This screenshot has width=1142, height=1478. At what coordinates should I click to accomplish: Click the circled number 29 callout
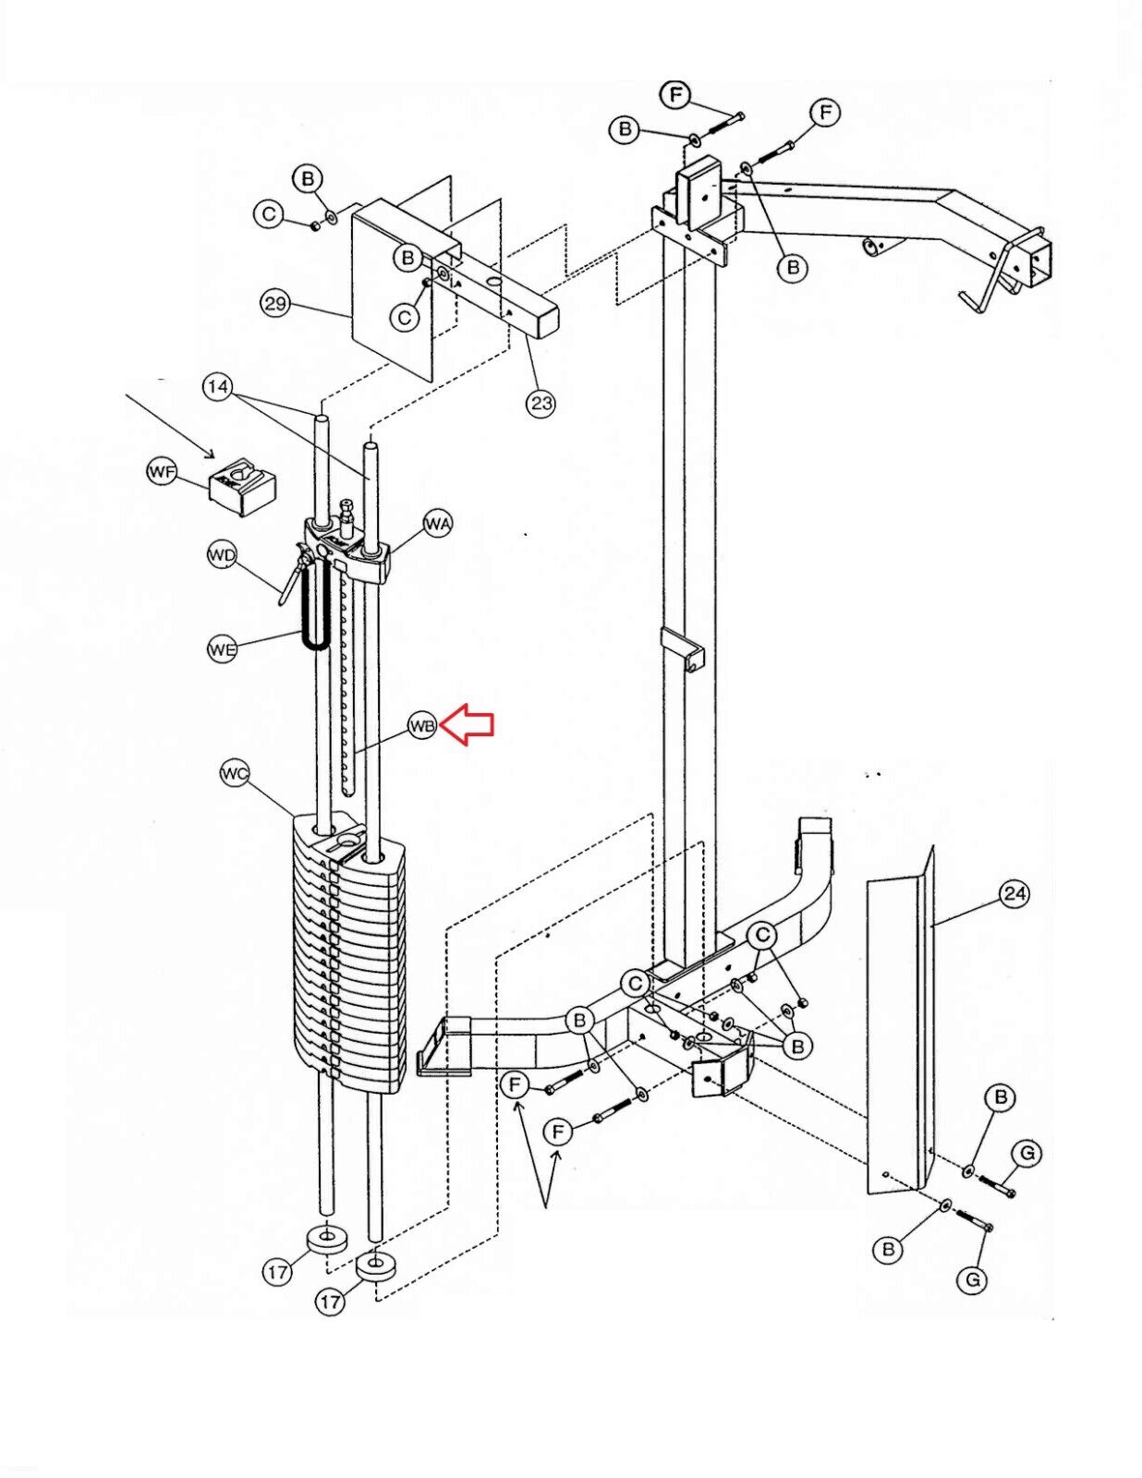[x=275, y=303]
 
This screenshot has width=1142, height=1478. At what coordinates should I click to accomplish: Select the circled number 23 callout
[x=541, y=404]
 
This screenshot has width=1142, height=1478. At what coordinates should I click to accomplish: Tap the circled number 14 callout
[x=218, y=387]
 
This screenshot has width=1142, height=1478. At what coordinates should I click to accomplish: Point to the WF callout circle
[x=161, y=472]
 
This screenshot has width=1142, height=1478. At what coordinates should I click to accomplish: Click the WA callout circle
[x=437, y=525]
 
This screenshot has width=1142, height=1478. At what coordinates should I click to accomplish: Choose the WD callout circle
[x=221, y=556]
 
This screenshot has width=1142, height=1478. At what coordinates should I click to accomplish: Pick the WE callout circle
[x=222, y=648]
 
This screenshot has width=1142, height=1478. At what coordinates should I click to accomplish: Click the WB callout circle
[x=422, y=726]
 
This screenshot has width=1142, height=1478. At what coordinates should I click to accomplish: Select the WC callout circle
[x=235, y=774]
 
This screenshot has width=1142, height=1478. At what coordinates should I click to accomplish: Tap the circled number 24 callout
[x=1014, y=893]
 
